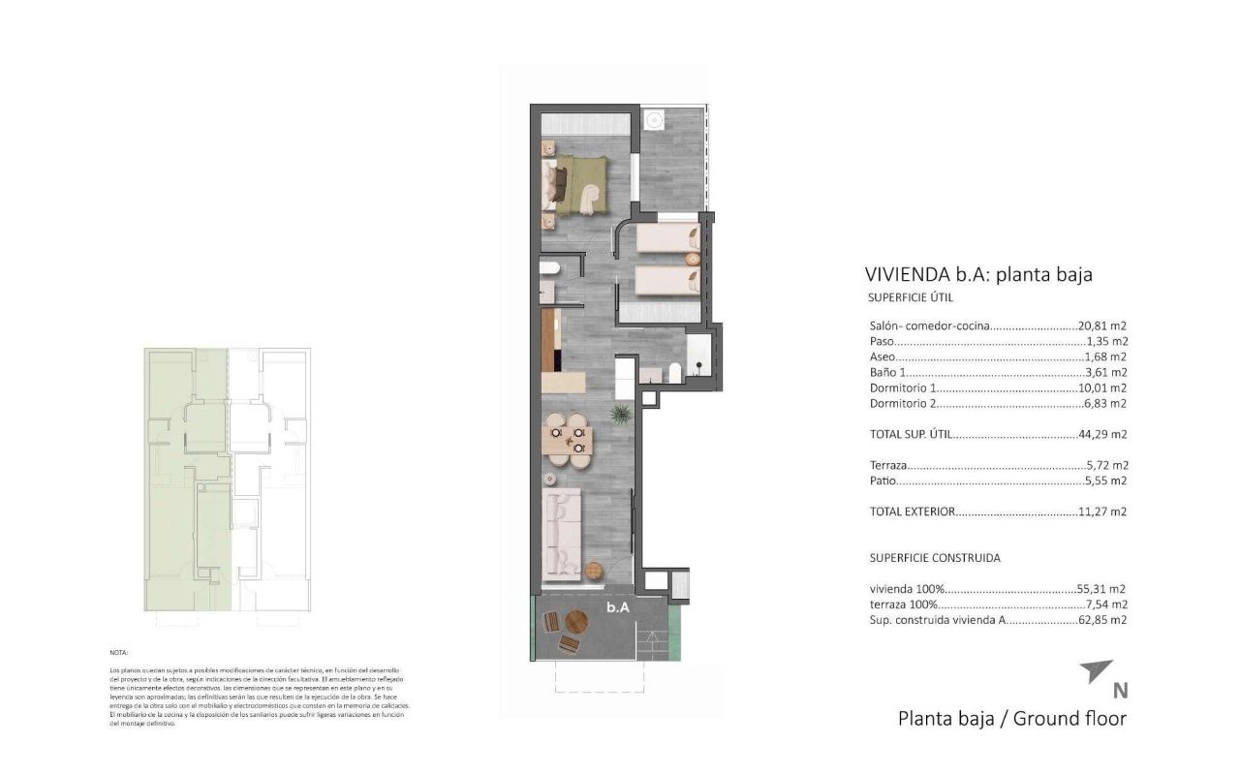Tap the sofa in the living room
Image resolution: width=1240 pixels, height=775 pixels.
pyautogui.click(x=563, y=532)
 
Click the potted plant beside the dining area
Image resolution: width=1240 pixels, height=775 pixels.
pyautogui.click(x=620, y=415)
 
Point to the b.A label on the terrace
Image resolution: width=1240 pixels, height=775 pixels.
pyautogui.click(x=619, y=607)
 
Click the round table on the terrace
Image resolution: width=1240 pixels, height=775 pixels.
pyautogui.click(x=575, y=622)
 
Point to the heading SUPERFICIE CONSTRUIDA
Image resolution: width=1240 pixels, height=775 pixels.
pyautogui.click(x=935, y=558)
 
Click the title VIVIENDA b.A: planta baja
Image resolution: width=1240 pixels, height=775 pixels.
pyautogui.click(x=977, y=275)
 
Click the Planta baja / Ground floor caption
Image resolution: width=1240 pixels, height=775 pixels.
pyautogui.click(x=1012, y=719)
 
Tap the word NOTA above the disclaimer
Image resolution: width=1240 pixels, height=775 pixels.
pyautogui.click(x=119, y=654)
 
